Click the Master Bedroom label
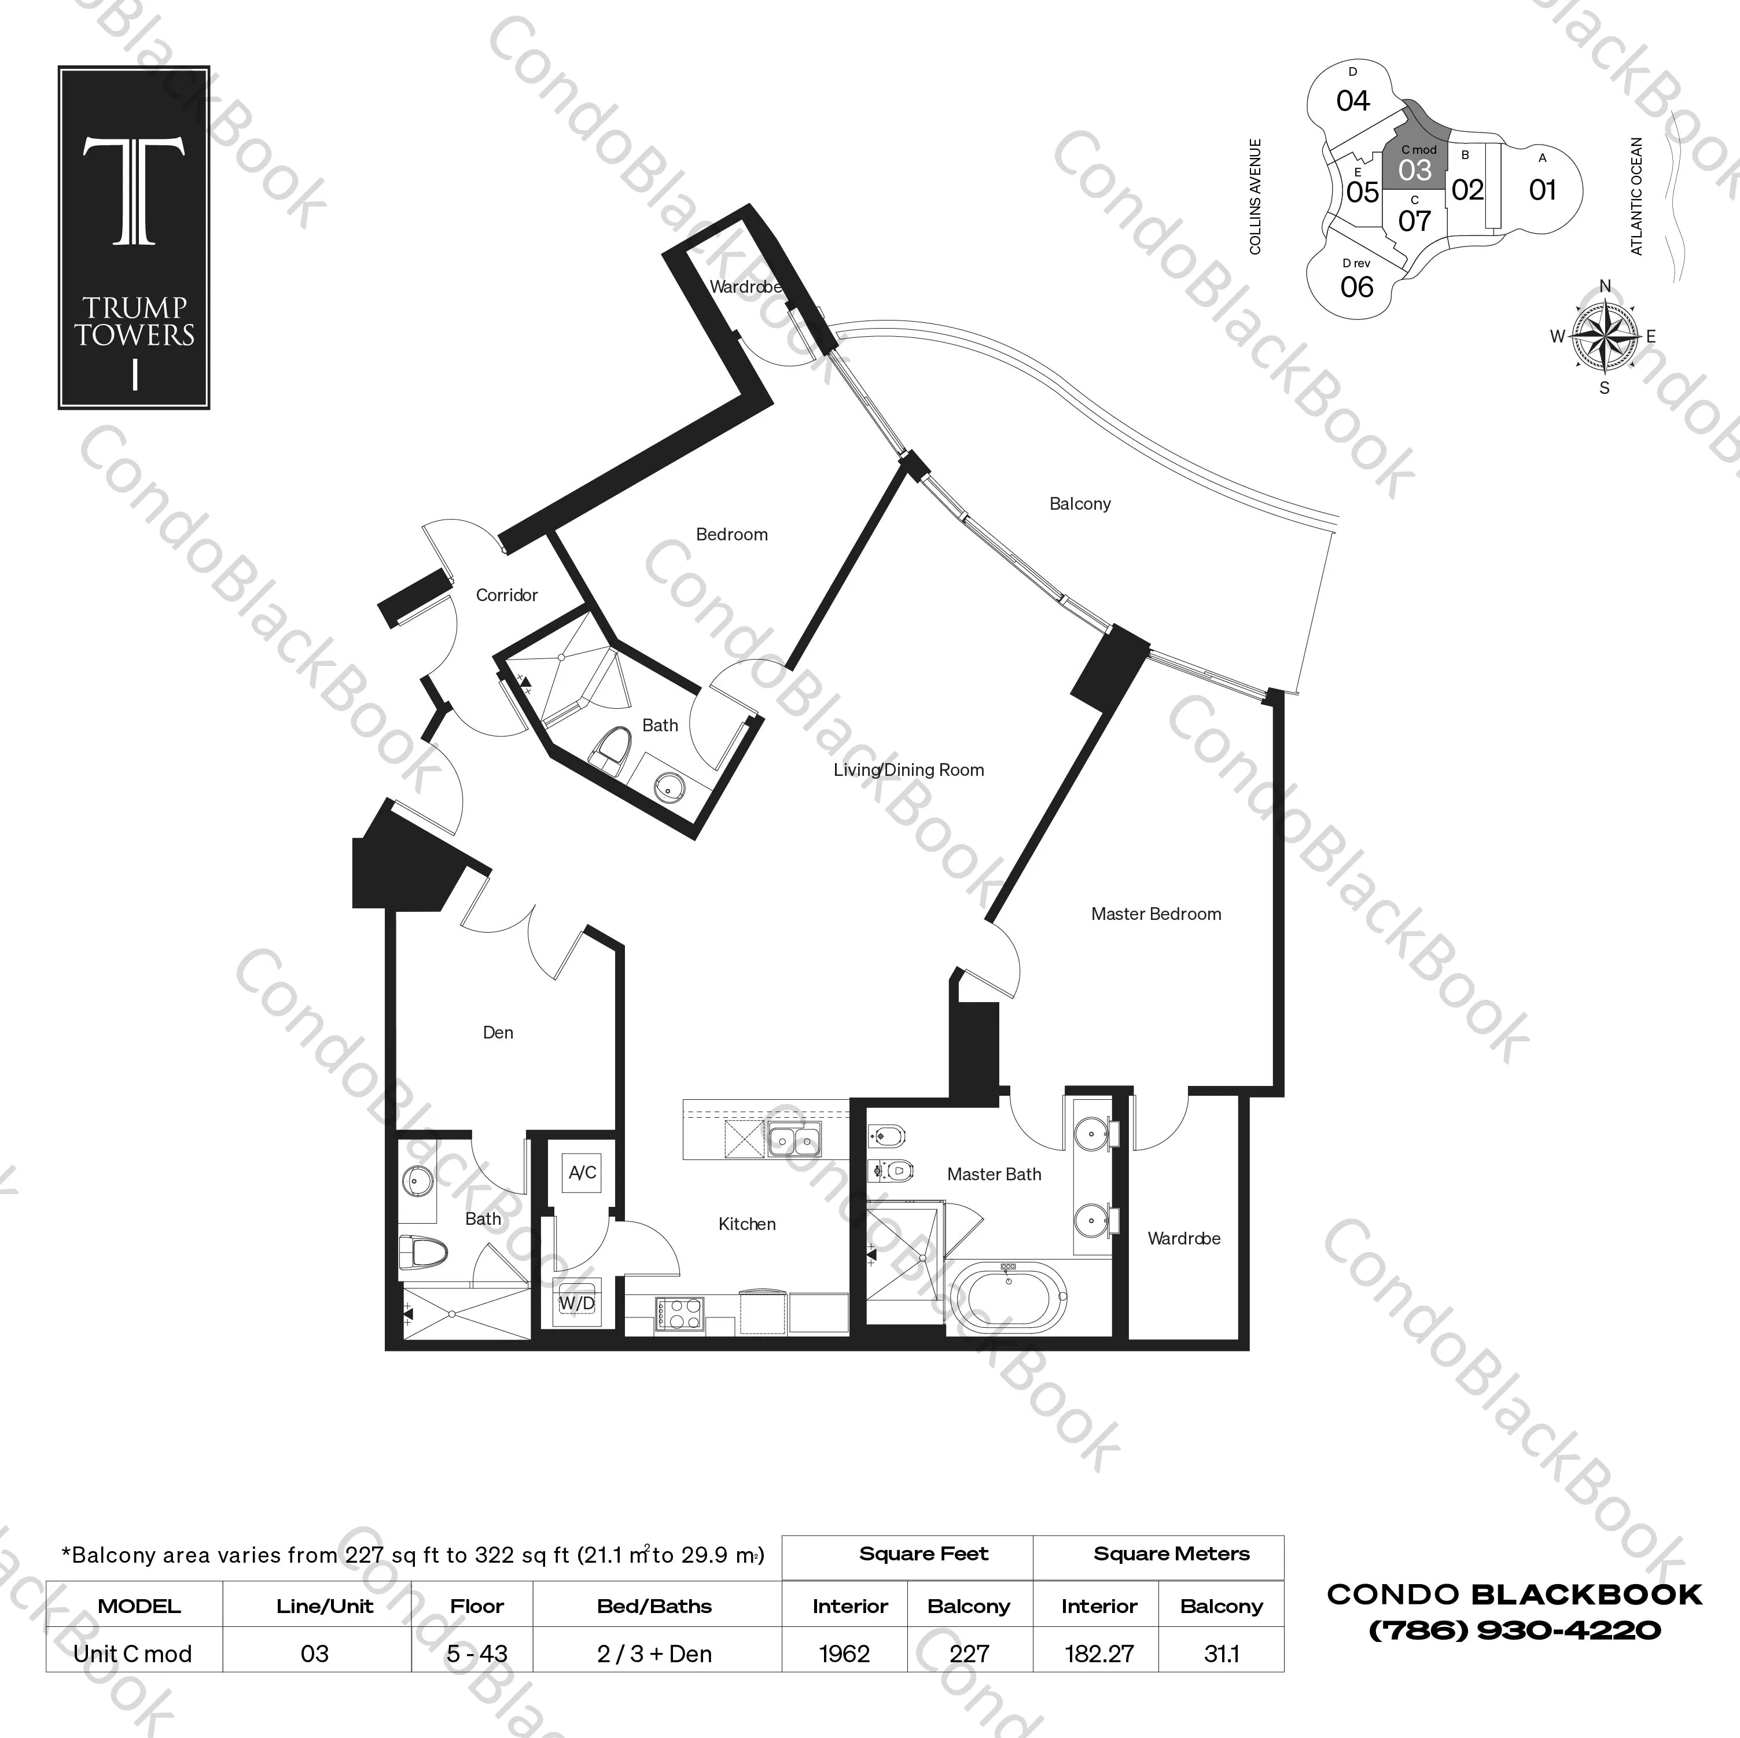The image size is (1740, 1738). [1156, 914]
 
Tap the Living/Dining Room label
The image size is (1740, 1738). [908, 770]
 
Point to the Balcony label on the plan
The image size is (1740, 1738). [1080, 505]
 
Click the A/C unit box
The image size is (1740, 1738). [582, 1173]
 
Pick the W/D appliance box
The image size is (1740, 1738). [576, 1303]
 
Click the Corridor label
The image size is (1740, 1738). [506, 595]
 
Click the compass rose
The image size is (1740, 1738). [1605, 337]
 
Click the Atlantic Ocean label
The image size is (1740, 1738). [1636, 196]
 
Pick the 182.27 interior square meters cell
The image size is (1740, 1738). [1099, 1654]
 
